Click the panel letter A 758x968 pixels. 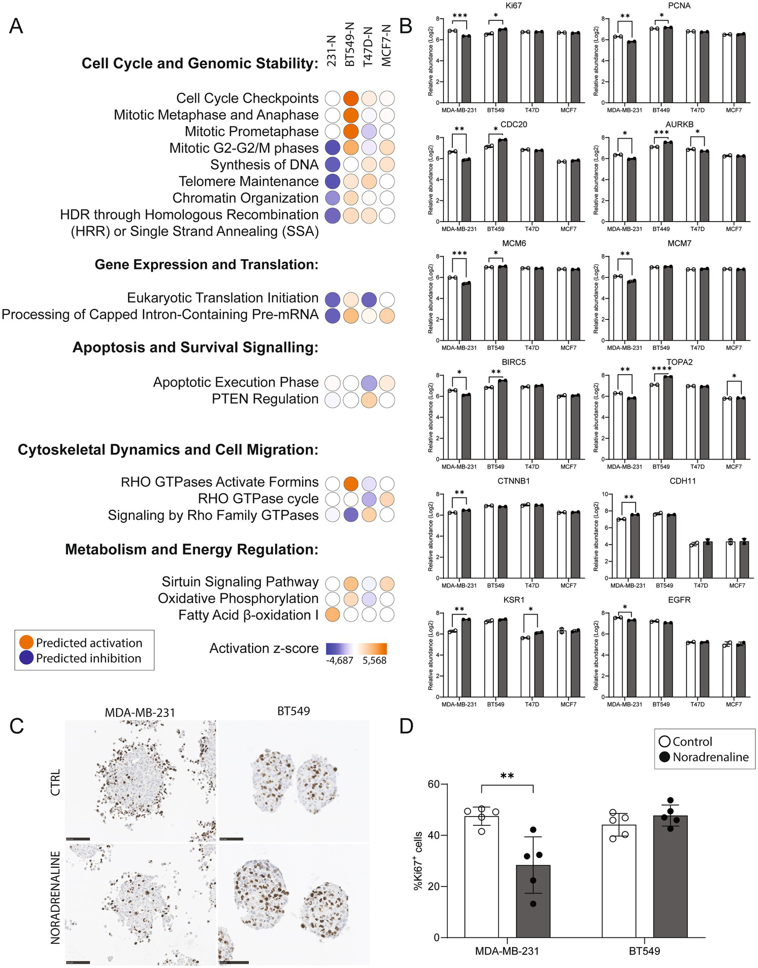click(x=16, y=26)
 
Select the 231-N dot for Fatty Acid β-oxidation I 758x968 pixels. click(x=332, y=615)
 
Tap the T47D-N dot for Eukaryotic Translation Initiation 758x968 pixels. click(x=368, y=299)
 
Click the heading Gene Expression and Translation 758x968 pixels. click(x=206, y=265)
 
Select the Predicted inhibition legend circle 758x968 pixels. click(x=26, y=658)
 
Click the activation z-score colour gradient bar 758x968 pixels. click(x=356, y=648)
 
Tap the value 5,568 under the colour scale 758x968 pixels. click(x=374, y=660)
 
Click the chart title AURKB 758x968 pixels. click(x=679, y=124)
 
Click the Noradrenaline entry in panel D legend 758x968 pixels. click(x=710, y=757)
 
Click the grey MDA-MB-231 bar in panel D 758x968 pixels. click(x=533, y=901)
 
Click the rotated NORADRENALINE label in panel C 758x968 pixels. click(x=55, y=897)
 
